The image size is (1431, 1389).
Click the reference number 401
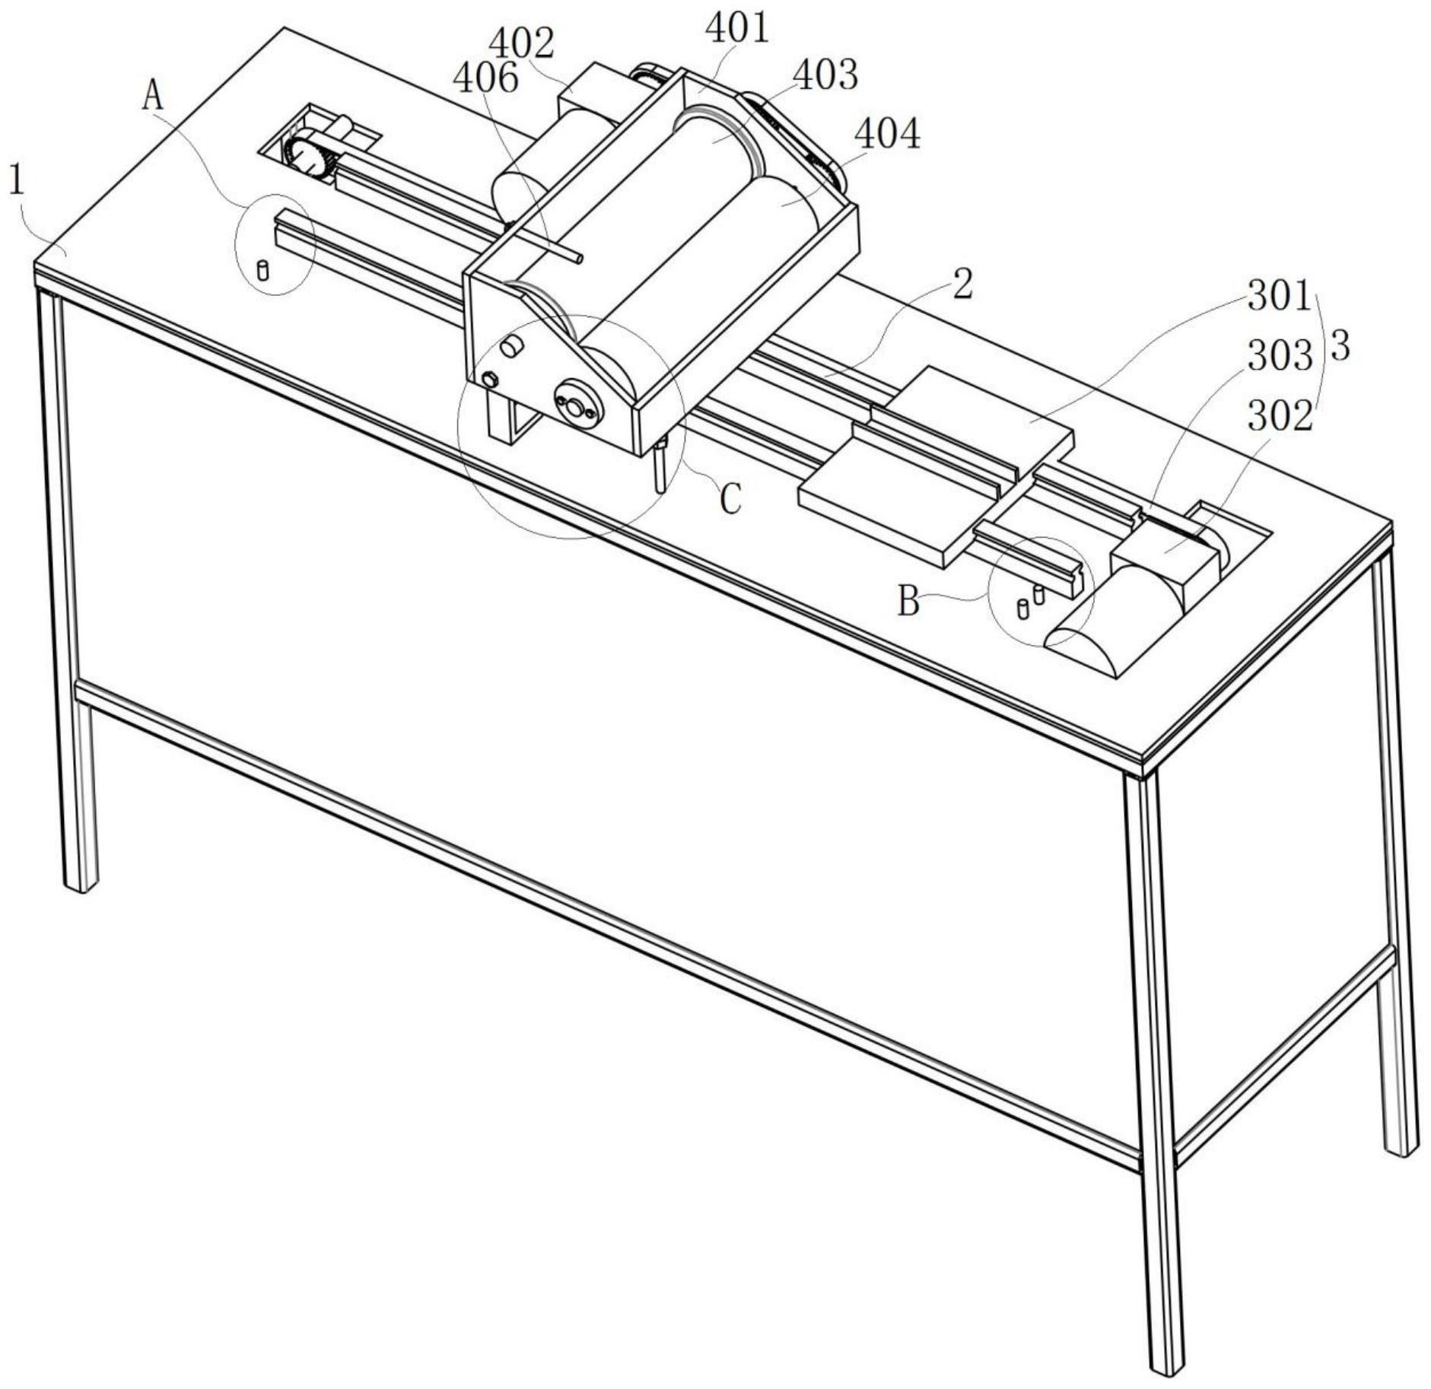click(x=737, y=29)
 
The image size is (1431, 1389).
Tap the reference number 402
click(x=521, y=43)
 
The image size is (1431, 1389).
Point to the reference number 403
click(x=825, y=75)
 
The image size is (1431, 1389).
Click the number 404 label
click(x=888, y=134)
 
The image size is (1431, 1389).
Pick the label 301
click(x=1280, y=296)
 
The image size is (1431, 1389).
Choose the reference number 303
click(x=1280, y=356)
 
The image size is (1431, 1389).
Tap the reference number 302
click(x=1280, y=416)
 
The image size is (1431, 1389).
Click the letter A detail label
click(x=154, y=97)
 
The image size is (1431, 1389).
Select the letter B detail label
click(x=908, y=602)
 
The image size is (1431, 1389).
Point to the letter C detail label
click(x=730, y=500)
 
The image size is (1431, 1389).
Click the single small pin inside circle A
click(x=263, y=270)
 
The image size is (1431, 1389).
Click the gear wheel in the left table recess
click(x=310, y=159)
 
